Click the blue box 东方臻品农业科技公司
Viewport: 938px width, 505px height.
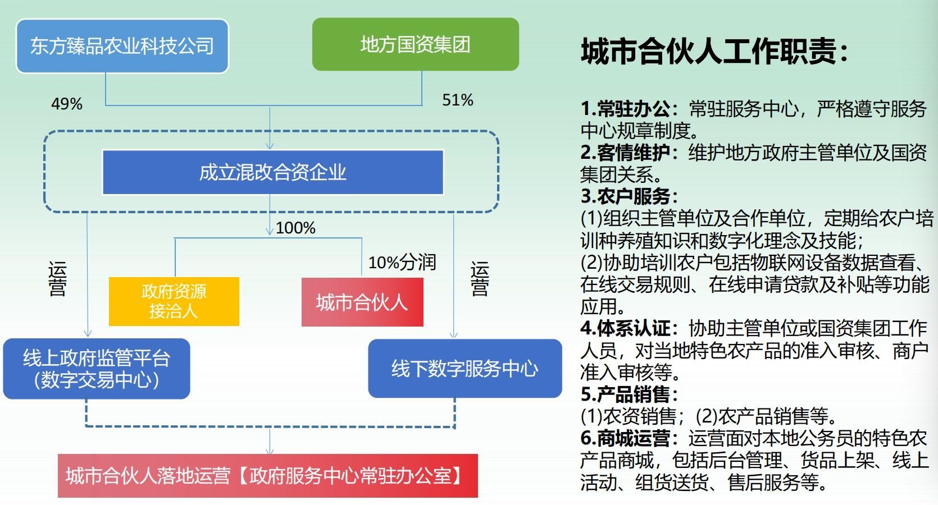[122, 46]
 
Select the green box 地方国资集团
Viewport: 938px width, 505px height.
[416, 44]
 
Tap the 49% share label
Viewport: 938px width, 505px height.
[67, 104]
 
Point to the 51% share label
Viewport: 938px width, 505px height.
[458, 100]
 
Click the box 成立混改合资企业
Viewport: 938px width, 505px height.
[273, 172]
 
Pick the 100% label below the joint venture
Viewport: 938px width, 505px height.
[295, 228]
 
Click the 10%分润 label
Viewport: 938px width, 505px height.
[402, 263]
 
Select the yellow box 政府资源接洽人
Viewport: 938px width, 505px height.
[174, 301]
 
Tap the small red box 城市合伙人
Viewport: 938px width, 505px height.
[362, 302]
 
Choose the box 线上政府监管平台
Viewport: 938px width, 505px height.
[97, 369]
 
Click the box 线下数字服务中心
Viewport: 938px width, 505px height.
[465, 368]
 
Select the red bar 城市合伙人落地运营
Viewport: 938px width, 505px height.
[267, 476]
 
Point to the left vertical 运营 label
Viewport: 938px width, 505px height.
[57, 279]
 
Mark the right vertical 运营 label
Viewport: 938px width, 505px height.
[480, 279]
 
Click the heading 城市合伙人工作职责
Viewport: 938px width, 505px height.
[714, 52]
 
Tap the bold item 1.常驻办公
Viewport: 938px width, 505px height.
[630, 109]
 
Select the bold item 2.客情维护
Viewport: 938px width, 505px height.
[630, 153]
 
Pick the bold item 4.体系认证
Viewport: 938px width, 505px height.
[630, 328]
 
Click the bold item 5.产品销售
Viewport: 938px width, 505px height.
[630, 394]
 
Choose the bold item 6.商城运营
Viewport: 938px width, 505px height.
[630, 438]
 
